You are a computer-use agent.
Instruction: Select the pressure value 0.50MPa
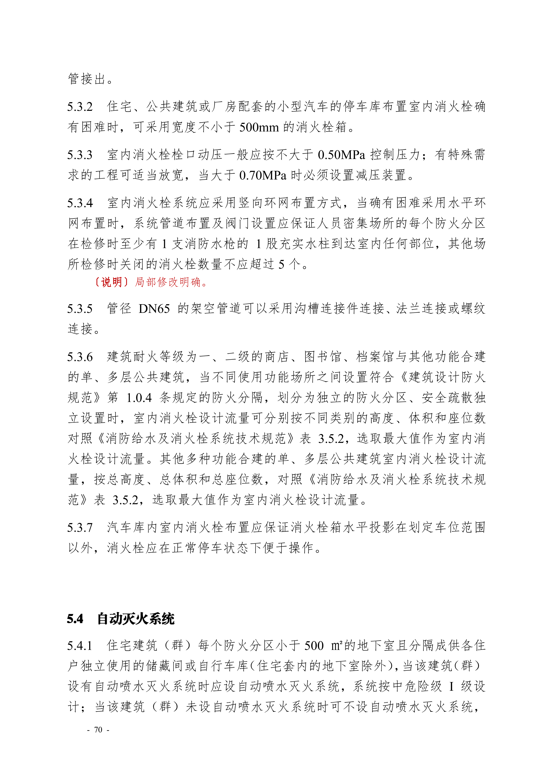click(x=341, y=155)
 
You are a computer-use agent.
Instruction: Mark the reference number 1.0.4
click(x=139, y=398)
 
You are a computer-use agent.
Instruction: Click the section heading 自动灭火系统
click(x=136, y=619)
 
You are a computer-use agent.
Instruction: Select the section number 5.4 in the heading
click(x=75, y=619)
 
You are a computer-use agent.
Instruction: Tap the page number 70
click(x=98, y=730)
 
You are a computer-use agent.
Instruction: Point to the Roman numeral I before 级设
click(x=452, y=686)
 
